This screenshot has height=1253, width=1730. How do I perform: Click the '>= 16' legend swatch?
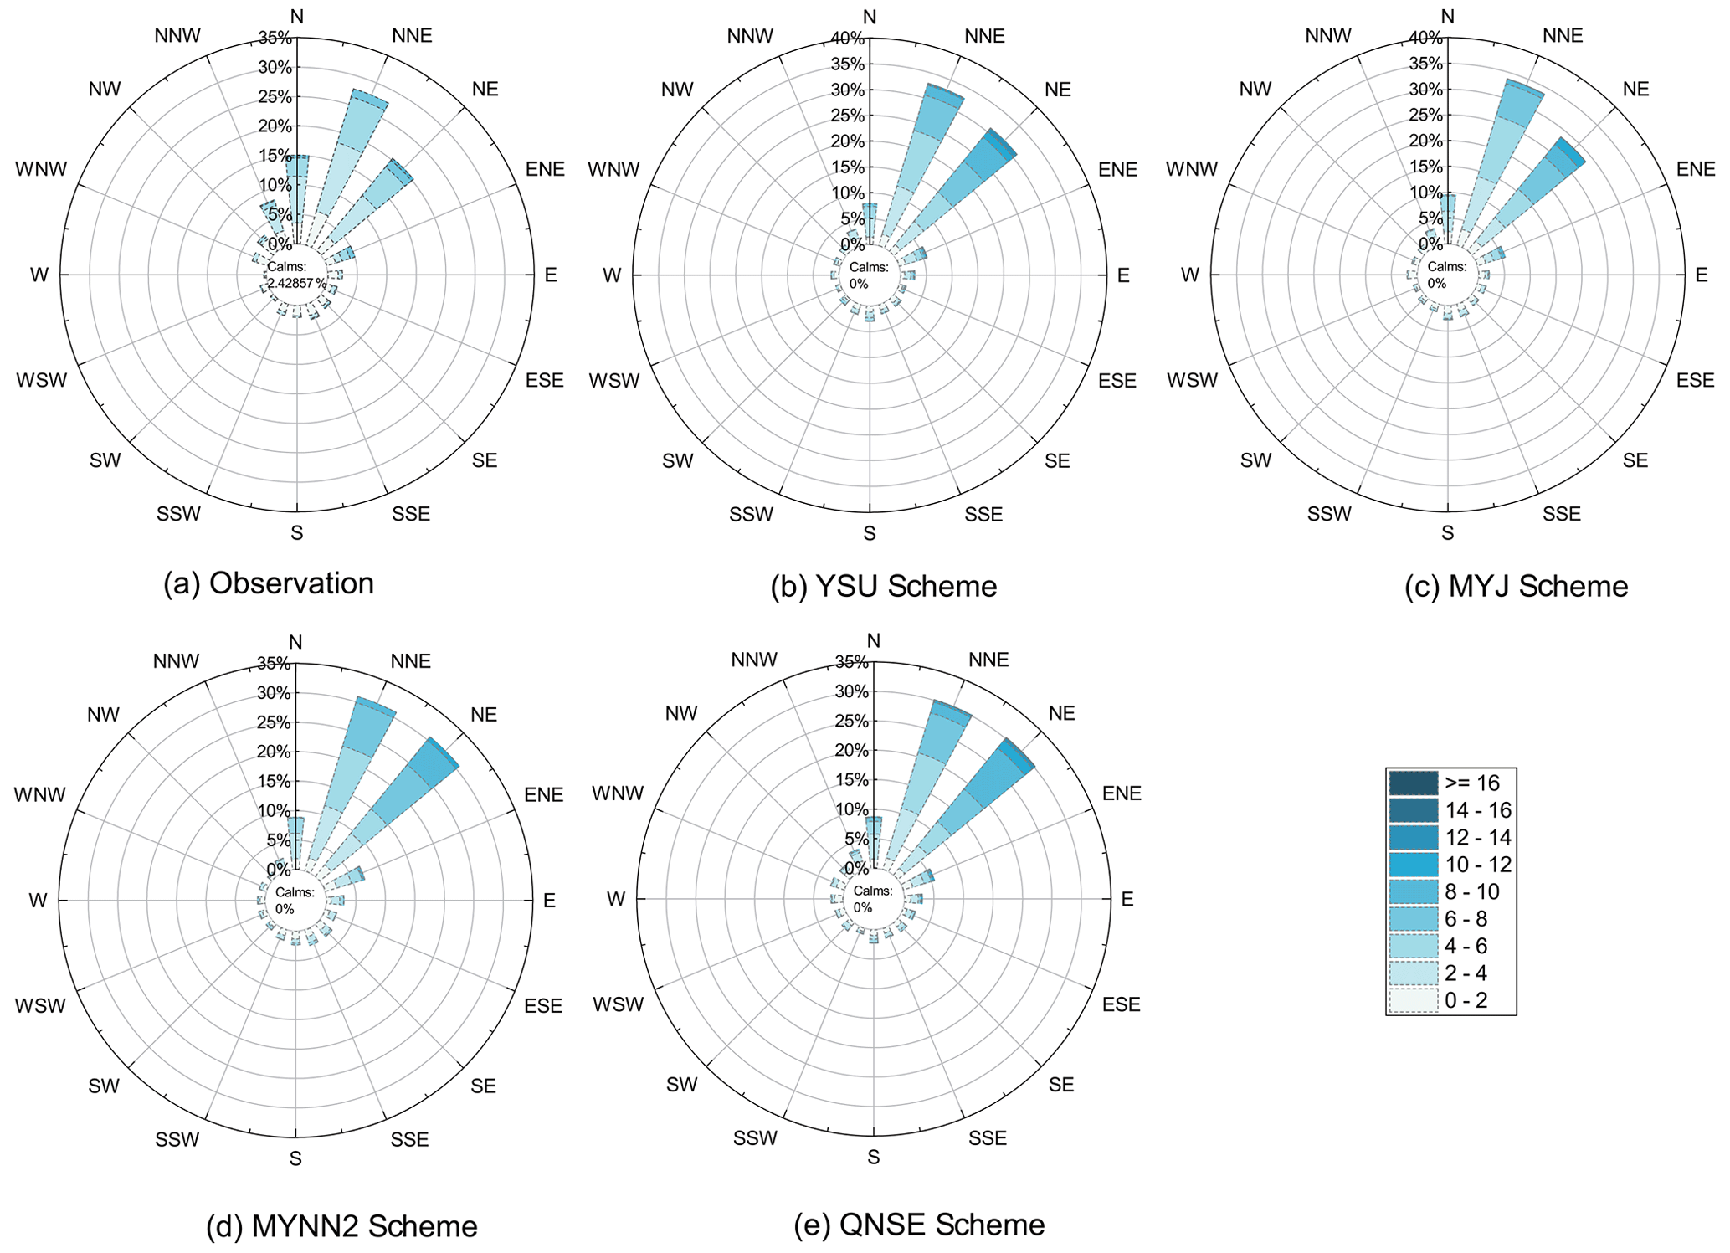[x=1413, y=783]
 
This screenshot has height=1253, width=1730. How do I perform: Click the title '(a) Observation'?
[x=269, y=583]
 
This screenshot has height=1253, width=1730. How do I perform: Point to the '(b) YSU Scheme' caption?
[x=883, y=586]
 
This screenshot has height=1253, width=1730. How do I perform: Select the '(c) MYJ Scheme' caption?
[x=1516, y=586]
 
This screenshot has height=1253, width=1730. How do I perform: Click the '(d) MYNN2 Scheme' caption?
[x=341, y=1226]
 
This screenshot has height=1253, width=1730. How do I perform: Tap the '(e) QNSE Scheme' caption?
[x=919, y=1225]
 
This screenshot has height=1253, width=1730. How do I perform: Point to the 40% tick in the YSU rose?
[x=848, y=38]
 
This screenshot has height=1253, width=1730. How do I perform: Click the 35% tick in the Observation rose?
[x=275, y=38]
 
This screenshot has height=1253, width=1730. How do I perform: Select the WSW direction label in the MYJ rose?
[x=1192, y=381]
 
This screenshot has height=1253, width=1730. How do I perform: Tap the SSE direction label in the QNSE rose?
[x=988, y=1138]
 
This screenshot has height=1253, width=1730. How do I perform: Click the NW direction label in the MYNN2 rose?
[x=104, y=715]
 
